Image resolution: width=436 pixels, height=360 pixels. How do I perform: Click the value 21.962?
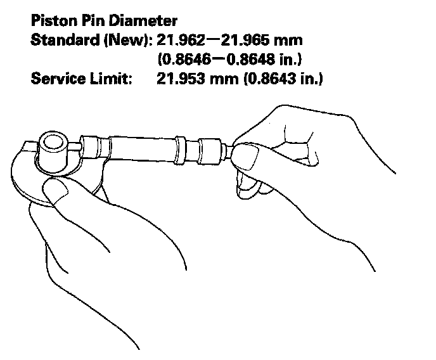pyautogui.click(x=180, y=41)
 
